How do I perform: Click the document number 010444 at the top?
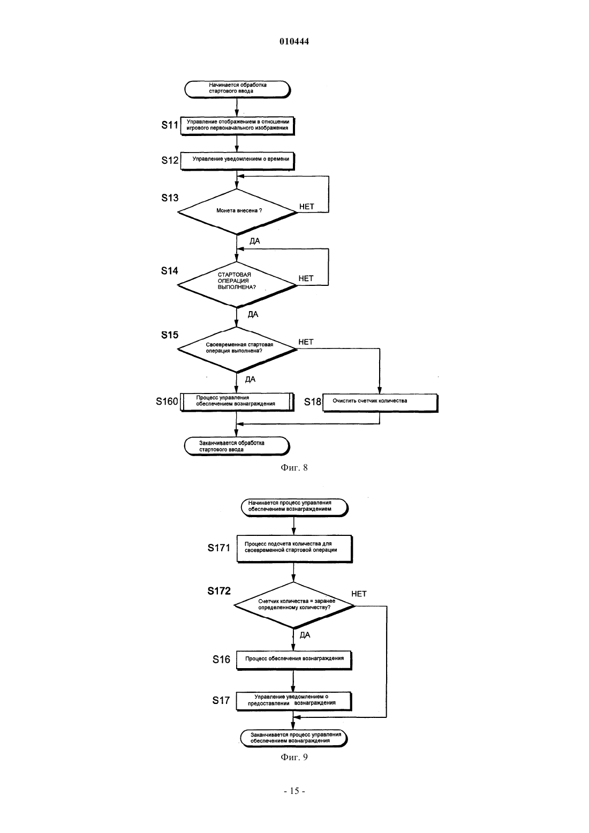[294, 41]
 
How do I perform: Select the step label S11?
[170, 125]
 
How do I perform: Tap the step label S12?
[170, 160]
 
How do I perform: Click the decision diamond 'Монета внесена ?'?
[237, 211]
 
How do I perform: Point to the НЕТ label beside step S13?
[307, 207]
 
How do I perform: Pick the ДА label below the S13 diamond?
[255, 241]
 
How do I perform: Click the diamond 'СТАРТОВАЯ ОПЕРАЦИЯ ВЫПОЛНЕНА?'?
[237, 284]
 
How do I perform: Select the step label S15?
[170, 335]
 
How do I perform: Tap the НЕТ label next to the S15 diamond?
[306, 342]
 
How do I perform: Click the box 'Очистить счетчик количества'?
[380, 403]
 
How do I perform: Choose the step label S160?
[167, 402]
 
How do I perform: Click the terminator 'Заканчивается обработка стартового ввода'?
[237, 446]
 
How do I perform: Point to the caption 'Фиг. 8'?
[294, 467]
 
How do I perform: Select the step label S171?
[218, 548]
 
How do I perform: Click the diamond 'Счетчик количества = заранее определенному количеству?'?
[294, 605]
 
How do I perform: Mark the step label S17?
[221, 701]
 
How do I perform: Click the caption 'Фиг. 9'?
[294, 757]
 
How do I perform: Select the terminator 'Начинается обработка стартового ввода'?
[237, 89]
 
